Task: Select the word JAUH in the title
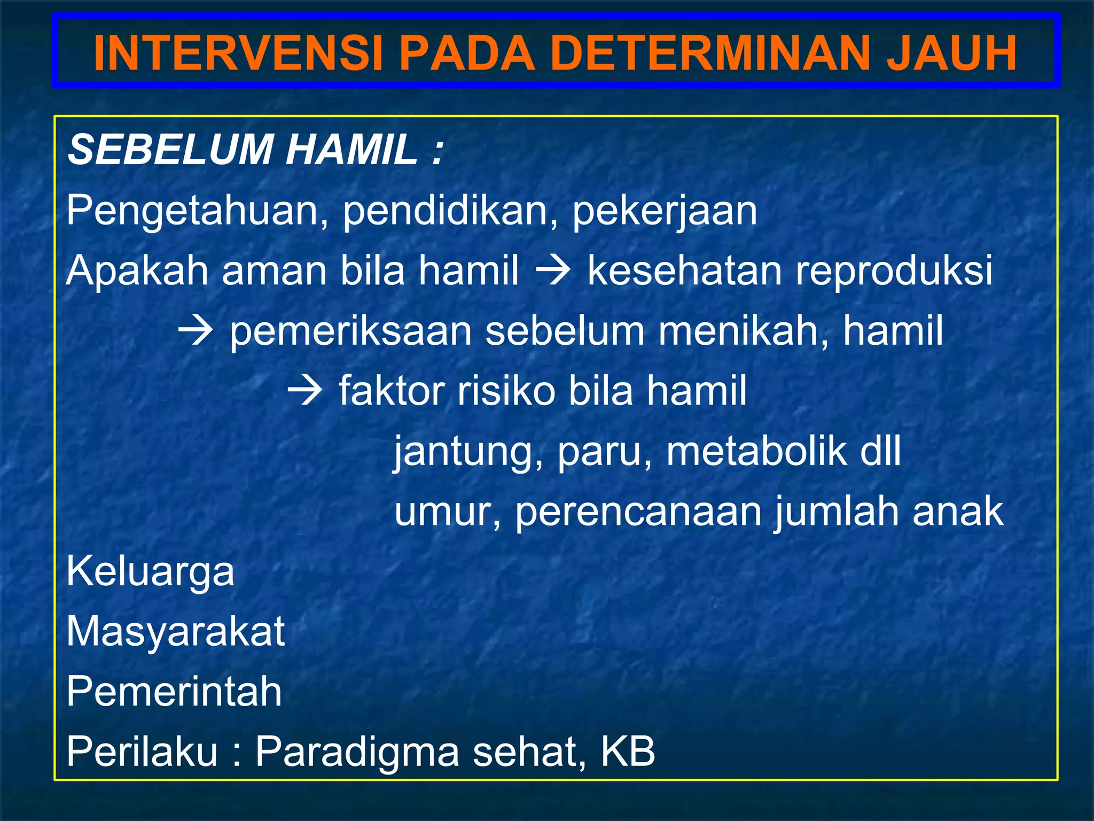(x=951, y=53)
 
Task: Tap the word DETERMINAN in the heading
(x=710, y=53)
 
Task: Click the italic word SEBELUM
(x=170, y=150)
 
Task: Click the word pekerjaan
(x=665, y=212)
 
